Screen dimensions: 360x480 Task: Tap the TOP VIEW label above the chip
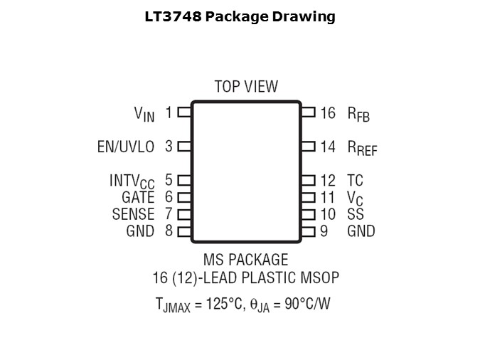click(246, 87)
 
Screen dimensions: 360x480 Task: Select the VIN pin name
click(144, 113)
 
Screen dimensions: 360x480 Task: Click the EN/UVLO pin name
click(125, 147)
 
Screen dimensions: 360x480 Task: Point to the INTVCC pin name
click(132, 181)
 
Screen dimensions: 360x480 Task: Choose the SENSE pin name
click(133, 213)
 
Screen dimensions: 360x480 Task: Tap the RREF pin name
click(362, 147)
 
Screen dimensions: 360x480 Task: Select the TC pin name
click(355, 181)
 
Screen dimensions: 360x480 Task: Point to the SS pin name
click(355, 213)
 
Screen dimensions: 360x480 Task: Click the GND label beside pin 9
click(361, 231)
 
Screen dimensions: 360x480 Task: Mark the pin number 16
click(327, 112)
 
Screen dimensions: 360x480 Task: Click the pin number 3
click(169, 147)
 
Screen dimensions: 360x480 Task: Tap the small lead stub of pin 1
click(184, 112)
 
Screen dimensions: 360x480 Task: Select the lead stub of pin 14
click(308, 147)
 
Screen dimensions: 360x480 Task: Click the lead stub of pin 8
click(184, 231)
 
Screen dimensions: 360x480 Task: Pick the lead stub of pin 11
click(308, 198)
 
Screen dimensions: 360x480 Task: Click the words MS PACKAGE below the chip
click(246, 260)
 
